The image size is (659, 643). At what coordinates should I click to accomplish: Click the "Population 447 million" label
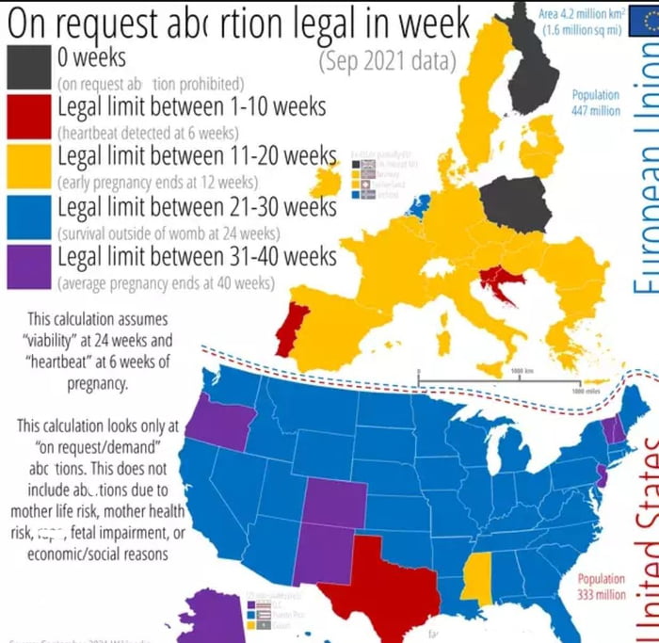[595, 103]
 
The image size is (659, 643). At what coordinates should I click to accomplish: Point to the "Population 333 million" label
[601, 587]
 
